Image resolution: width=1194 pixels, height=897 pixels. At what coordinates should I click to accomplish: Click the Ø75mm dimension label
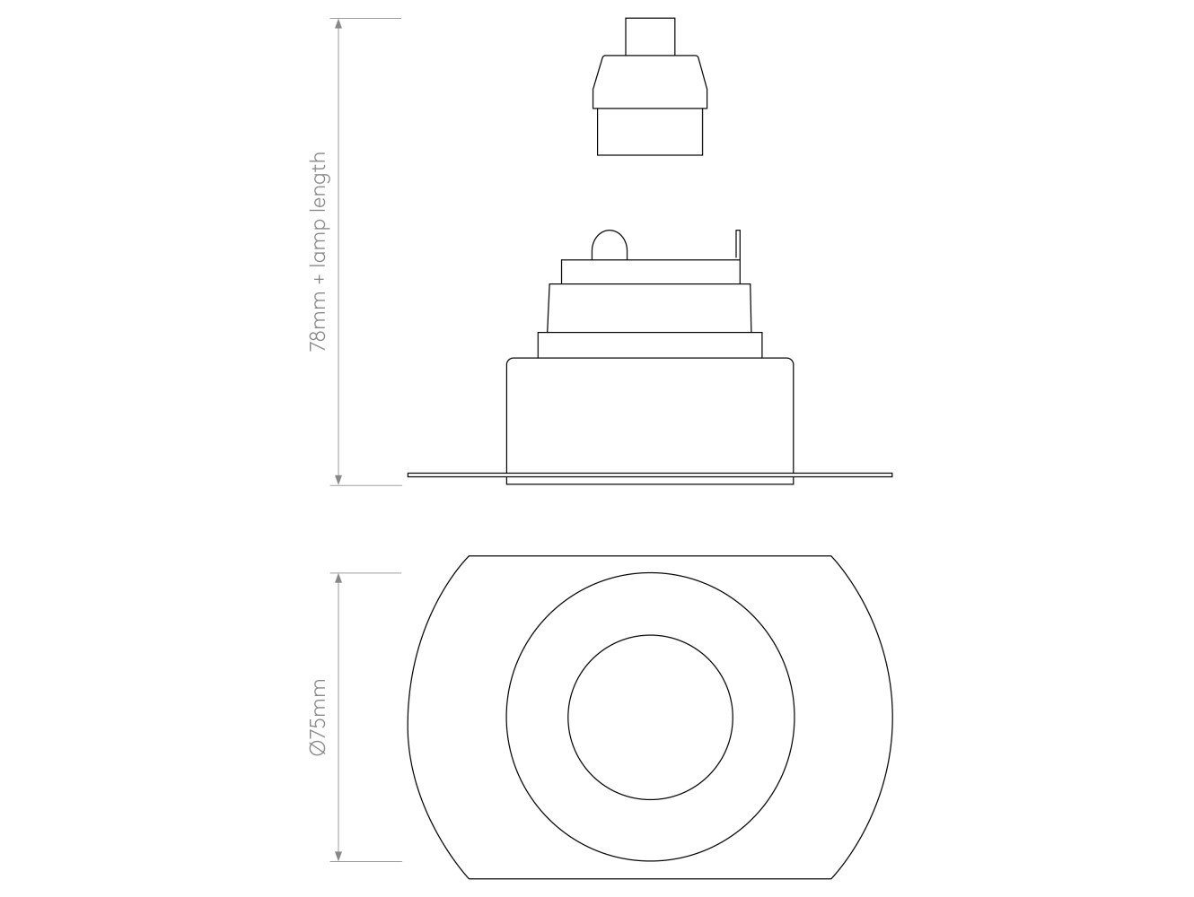[318, 718]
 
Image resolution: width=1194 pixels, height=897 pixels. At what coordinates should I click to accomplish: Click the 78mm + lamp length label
[318, 251]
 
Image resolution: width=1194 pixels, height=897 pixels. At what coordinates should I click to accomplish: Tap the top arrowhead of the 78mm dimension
[338, 24]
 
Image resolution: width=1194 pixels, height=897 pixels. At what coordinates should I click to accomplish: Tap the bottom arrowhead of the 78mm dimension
[338, 479]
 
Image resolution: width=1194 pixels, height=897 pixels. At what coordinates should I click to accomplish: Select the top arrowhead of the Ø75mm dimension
[338, 578]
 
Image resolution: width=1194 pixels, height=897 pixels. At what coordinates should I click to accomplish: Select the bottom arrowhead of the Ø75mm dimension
[338, 856]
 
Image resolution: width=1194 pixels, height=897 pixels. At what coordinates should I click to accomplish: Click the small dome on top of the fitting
[610, 245]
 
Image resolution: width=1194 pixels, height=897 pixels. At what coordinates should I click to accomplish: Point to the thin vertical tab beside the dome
[738, 244]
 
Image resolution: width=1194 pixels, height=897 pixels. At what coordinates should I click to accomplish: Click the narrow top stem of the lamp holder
[650, 37]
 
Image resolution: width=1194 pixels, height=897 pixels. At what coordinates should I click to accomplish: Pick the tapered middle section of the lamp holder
[650, 82]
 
